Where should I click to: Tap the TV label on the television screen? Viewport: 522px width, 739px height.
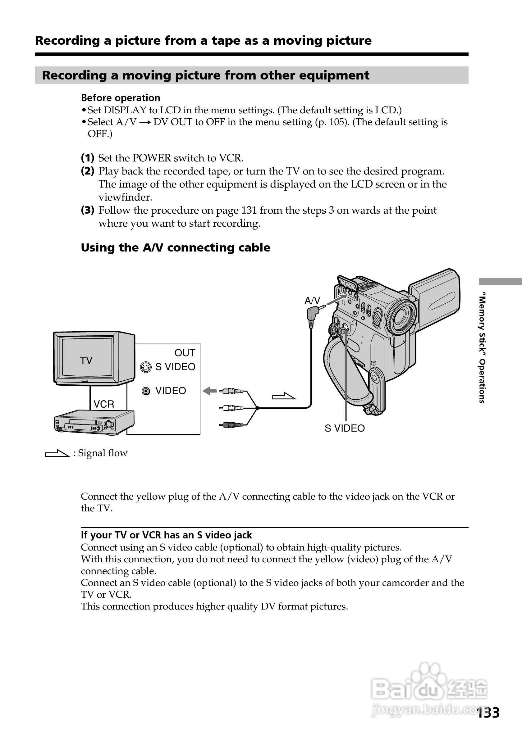(86, 360)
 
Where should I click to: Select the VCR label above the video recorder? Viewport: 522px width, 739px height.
(104, 404)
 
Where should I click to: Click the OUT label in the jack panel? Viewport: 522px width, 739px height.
(185, 353)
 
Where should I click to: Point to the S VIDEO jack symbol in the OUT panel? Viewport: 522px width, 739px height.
(146, 367)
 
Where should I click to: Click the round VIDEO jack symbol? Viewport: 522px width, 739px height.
(146, 391)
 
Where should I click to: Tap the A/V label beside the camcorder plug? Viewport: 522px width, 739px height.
(312, 301)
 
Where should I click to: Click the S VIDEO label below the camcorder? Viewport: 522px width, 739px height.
(345, 428)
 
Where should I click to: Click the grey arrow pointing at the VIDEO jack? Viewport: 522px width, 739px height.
(210, 391)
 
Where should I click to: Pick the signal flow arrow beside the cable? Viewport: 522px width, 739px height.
(284, 397)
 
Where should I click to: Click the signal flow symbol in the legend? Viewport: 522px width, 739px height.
(57, 454)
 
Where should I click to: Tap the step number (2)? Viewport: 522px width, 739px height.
(87, 171)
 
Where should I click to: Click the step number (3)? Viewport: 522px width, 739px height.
(87, 210)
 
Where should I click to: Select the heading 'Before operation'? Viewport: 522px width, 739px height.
(121, 98)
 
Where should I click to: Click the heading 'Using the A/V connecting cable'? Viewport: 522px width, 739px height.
(176, 247)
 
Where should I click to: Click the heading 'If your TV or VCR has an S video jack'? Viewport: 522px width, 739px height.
(166, 535)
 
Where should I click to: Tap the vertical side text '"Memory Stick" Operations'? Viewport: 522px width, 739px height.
(482, 348)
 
